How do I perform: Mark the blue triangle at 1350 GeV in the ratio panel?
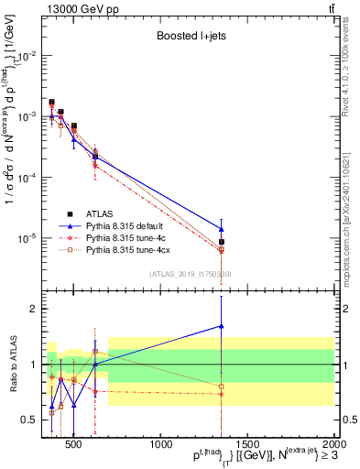point(222,326)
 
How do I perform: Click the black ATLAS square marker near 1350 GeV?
point(222,242)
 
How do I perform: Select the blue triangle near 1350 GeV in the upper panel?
point(222,229)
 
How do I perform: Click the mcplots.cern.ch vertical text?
point(350,192)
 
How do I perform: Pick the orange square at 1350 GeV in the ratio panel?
point(222,386)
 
